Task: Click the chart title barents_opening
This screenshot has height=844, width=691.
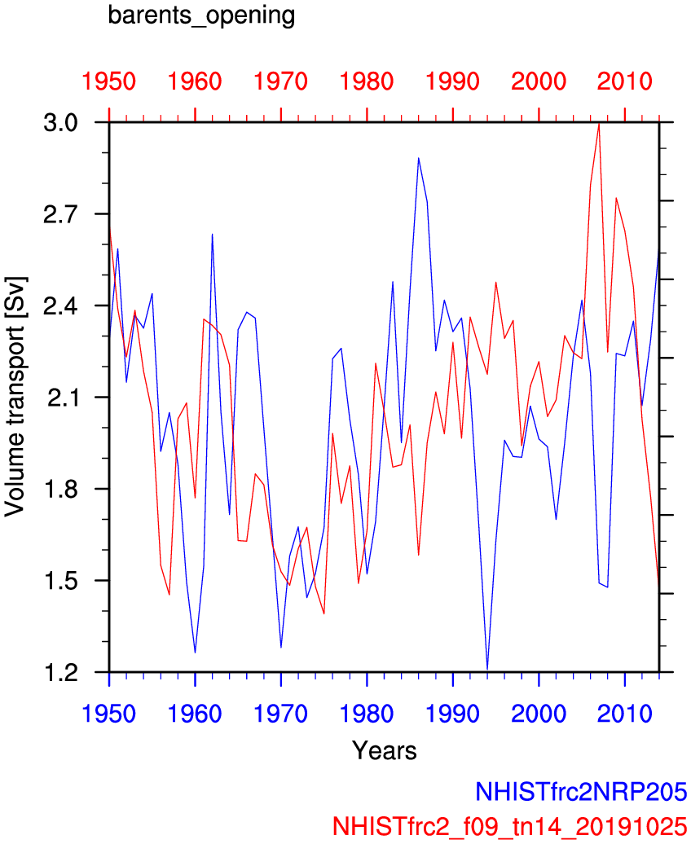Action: click(x=201, y=16)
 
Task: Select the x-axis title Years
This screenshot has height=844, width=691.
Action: click(x=384, y=749)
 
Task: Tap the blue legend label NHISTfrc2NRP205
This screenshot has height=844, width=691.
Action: click(x=581, y=792)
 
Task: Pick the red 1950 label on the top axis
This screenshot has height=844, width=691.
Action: click(x=109, y=81)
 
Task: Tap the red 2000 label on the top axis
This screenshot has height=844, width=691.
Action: click(x=539, y=81)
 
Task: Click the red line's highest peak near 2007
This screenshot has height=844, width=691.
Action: click(x=599, y=124)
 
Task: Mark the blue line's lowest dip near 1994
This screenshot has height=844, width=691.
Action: click(x=487, y=669)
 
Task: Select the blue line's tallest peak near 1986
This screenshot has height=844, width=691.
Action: click(x=418, y=158)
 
